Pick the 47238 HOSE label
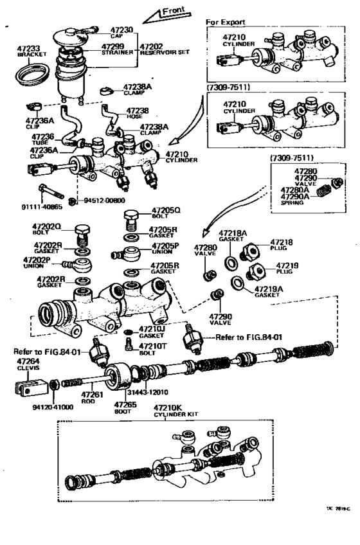click(x=137, y=113)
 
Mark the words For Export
click(x=225, y=22)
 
